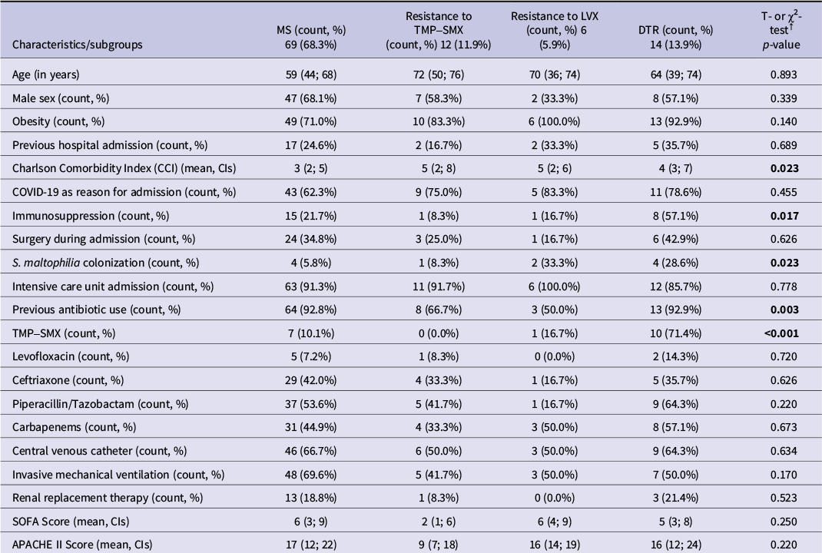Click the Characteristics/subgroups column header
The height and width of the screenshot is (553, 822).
78,45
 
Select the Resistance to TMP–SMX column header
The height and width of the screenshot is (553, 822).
438,31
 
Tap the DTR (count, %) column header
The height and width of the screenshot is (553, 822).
675,37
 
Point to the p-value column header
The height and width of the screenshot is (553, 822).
781,31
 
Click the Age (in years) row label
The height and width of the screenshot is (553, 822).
45,75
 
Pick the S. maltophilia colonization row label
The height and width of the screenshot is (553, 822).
105,263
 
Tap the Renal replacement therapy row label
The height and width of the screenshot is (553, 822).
108,498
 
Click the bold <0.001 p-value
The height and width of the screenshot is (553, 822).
781,333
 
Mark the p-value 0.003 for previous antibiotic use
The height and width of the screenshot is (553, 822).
784,310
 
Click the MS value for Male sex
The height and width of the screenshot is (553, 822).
311,98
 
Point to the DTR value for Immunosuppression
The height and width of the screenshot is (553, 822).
676,215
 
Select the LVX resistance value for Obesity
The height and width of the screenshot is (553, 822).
554,121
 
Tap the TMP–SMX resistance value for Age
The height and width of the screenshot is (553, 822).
438,75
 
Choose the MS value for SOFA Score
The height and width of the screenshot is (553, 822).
311,521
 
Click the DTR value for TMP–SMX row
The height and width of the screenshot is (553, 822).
675,333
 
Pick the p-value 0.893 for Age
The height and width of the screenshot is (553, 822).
784,75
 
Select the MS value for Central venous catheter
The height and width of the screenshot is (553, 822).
311,450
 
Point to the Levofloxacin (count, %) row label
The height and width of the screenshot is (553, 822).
70,356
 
